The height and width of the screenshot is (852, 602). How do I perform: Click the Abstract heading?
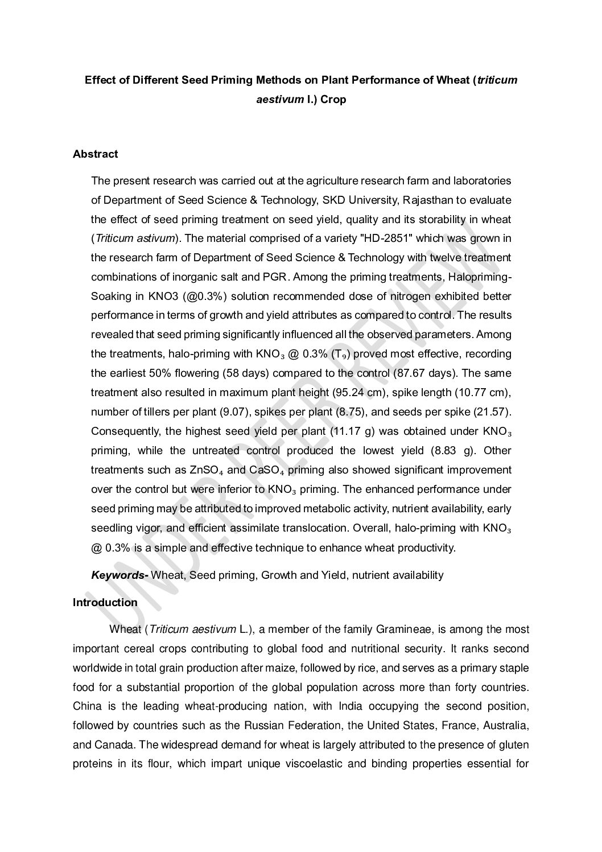click(x=95, y=154)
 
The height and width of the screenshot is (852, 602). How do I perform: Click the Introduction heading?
click(x=105, y=602)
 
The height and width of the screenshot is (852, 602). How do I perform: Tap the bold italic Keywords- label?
click(x=119, y=575)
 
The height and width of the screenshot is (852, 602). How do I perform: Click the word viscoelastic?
click(x=312, y=764)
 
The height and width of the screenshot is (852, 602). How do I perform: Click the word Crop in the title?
click(x=333, y=100)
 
